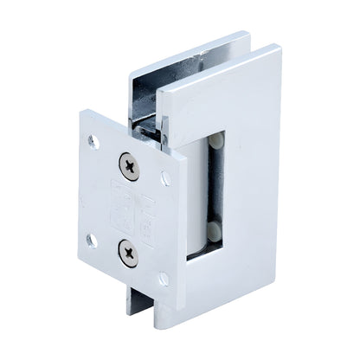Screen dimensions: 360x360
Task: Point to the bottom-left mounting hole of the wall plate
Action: point(90,239)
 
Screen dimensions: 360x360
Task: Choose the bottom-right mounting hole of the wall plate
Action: point(163,279)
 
